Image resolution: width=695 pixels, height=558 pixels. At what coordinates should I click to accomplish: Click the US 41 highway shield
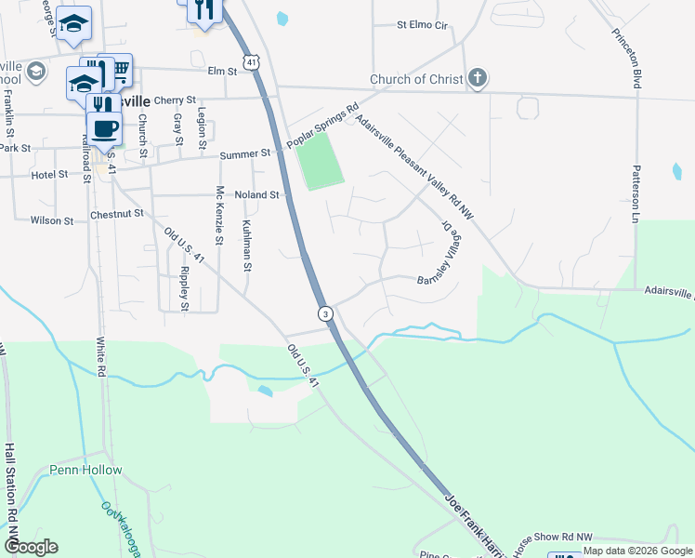point(252,61)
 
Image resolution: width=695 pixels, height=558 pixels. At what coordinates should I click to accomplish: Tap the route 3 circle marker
point(325,313)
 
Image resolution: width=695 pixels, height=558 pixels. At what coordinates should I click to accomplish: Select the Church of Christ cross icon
point(477,78)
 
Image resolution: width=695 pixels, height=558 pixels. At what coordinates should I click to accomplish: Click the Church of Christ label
point(415,79)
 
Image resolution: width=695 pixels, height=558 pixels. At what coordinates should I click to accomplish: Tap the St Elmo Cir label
point(423,25)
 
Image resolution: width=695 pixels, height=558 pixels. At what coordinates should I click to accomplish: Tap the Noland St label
point(257,195)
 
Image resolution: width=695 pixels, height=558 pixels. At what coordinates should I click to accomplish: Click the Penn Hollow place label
point(86,470)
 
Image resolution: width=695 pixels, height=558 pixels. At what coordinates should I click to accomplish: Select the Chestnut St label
point(117,213)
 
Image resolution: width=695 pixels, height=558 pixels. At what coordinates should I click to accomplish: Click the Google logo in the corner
point(31,547)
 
